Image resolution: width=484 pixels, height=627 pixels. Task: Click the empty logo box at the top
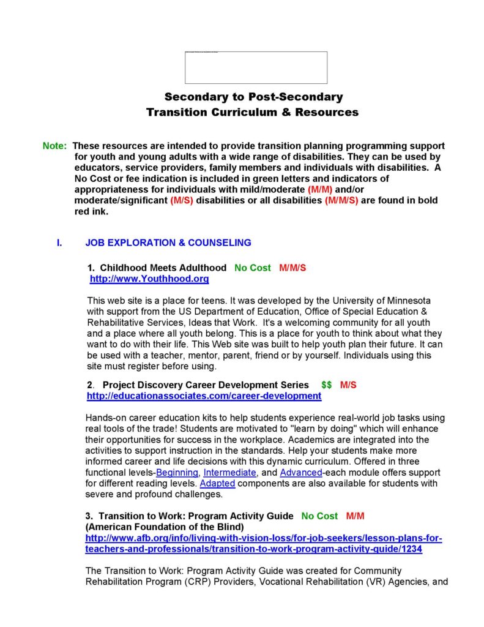tap(256, 67)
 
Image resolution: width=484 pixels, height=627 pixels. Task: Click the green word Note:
tap(55, 146)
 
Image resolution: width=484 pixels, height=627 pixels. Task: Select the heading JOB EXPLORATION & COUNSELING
tap(168, 242)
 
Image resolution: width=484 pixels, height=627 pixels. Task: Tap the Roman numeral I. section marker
tap(59, 242)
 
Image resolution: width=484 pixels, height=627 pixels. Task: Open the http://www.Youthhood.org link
tap(149, 279)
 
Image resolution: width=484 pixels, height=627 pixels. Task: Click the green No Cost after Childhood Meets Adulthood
tap(252, 268)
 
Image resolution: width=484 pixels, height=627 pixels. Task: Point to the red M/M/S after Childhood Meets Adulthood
tap(292, 268)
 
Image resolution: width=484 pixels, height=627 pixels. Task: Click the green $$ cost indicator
tap(326, 385)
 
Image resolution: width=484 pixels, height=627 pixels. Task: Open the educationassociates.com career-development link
tap(204, 396)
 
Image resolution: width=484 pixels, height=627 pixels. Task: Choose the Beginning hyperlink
tap(177, 473)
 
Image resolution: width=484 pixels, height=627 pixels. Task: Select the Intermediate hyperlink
tap(229, 473)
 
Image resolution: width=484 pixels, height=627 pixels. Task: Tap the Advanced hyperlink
tap(301, 473)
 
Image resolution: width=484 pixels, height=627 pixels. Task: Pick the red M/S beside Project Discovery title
tap(348, 385)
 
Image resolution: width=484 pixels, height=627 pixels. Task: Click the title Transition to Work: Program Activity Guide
tap(190, 516)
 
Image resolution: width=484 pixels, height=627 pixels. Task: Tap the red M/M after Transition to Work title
tap(355, 516)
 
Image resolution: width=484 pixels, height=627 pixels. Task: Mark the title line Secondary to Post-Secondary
tap(253, 97)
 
